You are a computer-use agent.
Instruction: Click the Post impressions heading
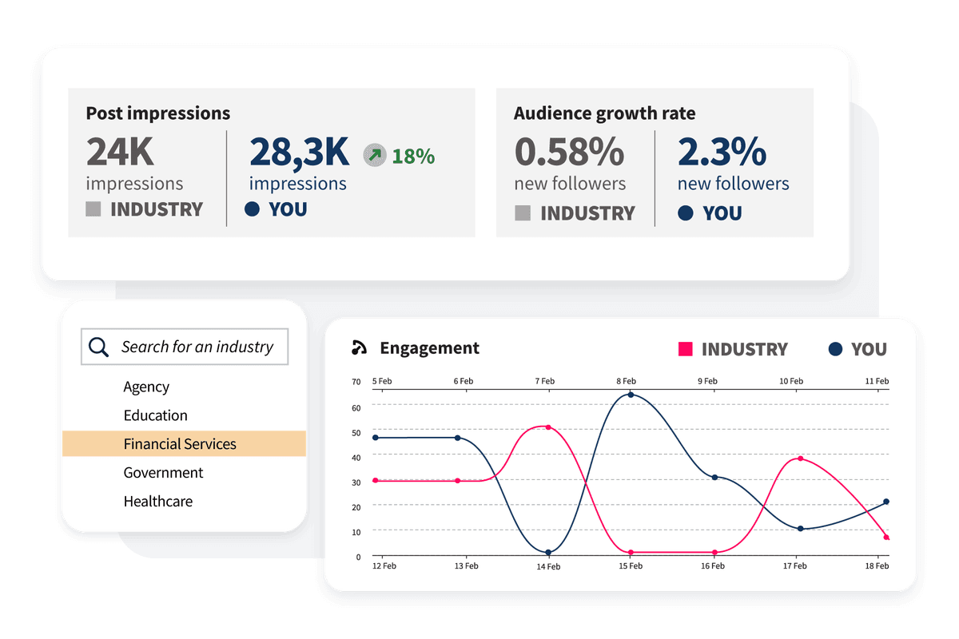point(157,113)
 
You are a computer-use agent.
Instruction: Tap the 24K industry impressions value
point(120,152)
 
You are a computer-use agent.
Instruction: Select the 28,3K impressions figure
point(299,152)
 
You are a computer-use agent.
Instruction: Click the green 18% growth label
point(413,156)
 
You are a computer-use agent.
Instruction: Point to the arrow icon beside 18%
point(373,155)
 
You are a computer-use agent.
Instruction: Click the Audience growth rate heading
point(604,113)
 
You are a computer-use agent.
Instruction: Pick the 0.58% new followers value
point(568,152)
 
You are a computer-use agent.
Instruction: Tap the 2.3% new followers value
point(722,152)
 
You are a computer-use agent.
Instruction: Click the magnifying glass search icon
point(98,347)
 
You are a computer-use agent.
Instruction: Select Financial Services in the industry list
point(180,444)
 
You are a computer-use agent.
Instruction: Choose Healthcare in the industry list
point(158,502)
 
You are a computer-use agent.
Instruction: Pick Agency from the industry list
point(146,387)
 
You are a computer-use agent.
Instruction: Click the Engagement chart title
point(429,348)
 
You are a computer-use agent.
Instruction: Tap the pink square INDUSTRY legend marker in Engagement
point(685,349)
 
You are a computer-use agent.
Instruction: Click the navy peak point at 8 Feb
point(631,395)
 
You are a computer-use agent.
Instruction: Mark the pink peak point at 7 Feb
point(548,427)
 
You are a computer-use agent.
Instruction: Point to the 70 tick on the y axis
point(356,382)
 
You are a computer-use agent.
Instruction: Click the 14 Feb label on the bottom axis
point(548,566)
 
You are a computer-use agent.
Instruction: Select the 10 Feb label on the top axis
point(791,381)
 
